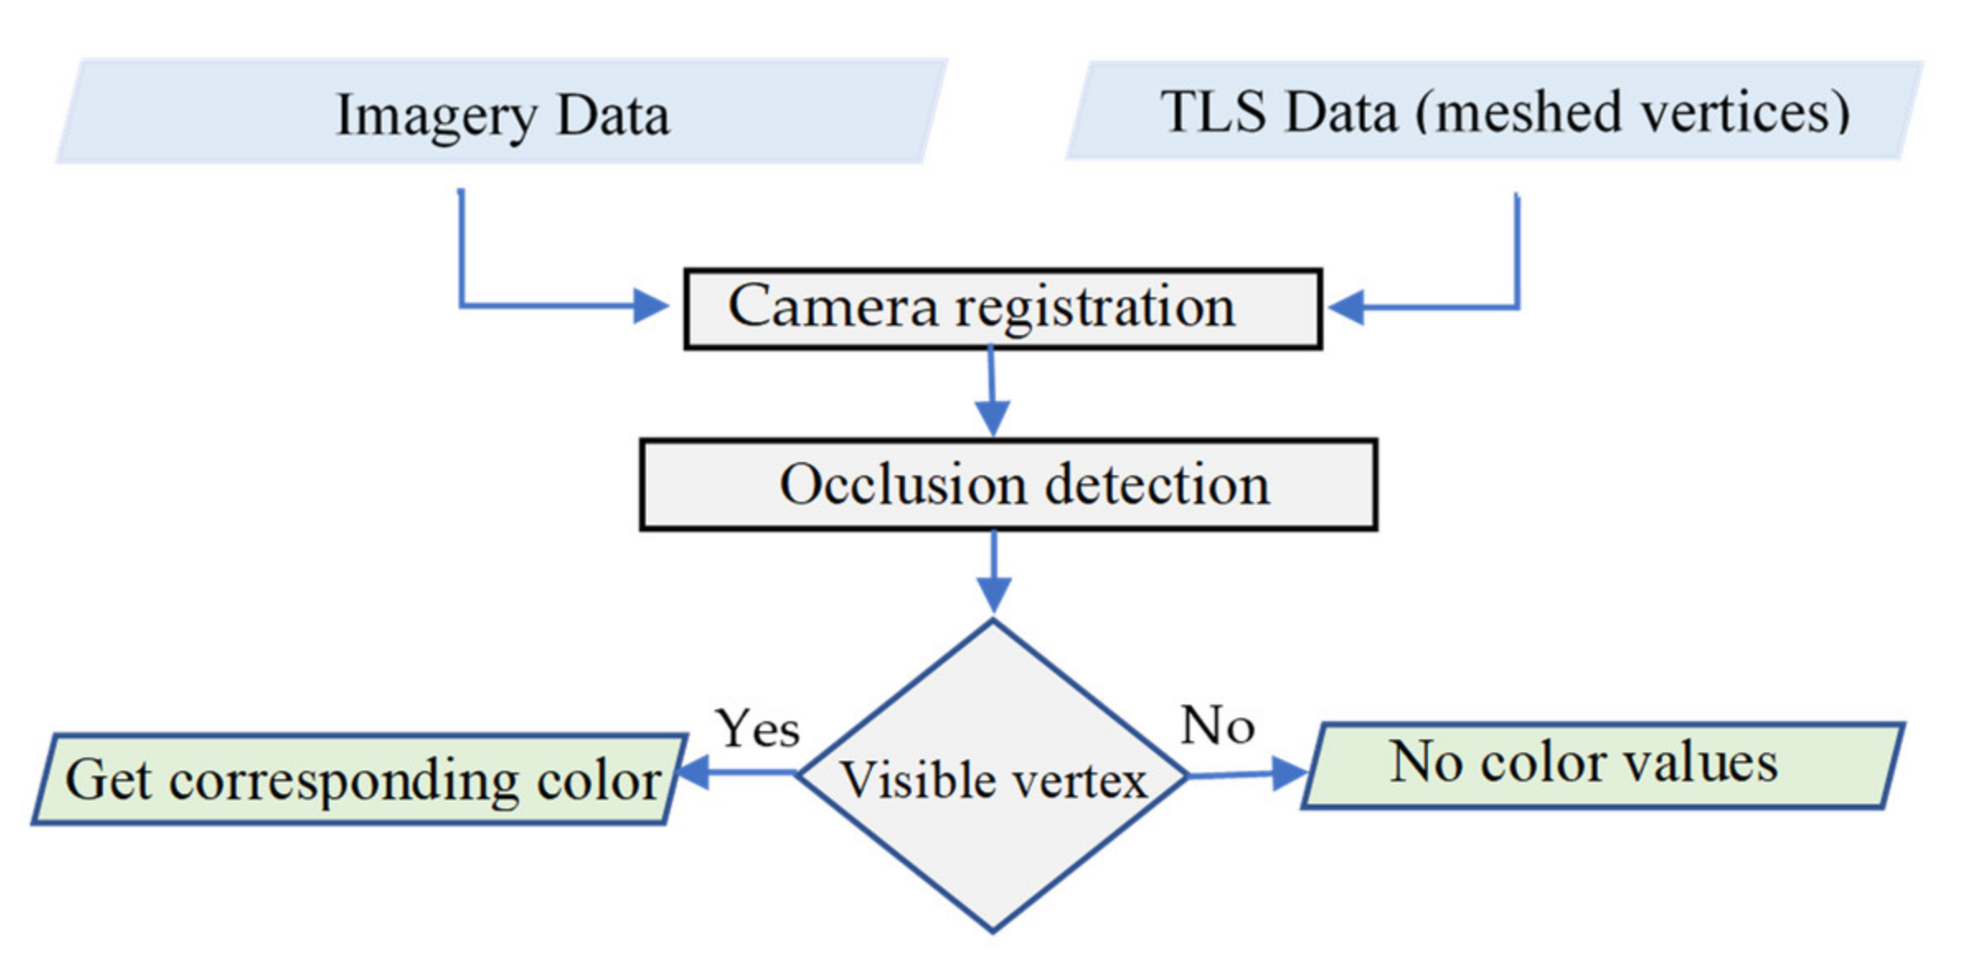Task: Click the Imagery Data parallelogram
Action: (x=502, y=111)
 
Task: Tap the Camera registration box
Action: (x=1002, y=309)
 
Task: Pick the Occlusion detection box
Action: (x=1008, y=484)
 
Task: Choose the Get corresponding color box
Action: (x=361, y=779)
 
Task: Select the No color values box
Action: (x=1603, y=766)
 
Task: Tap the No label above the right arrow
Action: (x=1217, y=726)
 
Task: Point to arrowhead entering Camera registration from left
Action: (x=650, y=306)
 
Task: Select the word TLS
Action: (x=1213, y=111)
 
